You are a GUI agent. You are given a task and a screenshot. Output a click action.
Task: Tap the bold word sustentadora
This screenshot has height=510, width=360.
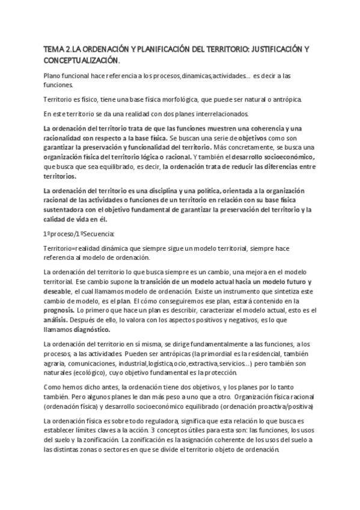point(66,209)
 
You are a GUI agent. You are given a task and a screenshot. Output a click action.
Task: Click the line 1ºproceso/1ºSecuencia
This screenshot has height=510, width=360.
point(75,233)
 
